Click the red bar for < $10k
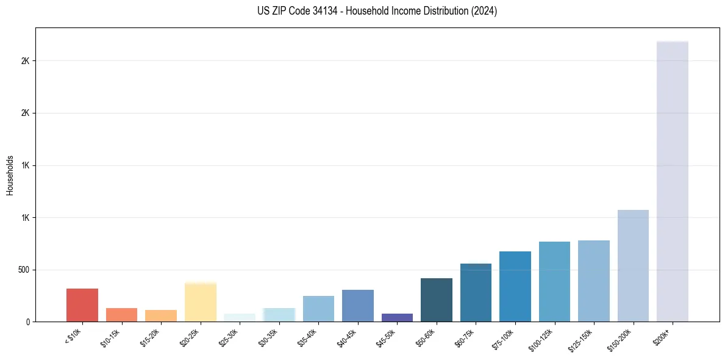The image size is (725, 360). coord(82,305)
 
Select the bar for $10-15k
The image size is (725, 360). coord(121,315)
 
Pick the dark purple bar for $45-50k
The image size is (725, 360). coord(398,317)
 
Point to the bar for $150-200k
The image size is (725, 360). coord(633,266)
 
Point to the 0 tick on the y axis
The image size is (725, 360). coord(27,322)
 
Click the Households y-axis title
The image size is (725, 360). coord(10,175)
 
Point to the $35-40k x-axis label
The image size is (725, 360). coord(310,337)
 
